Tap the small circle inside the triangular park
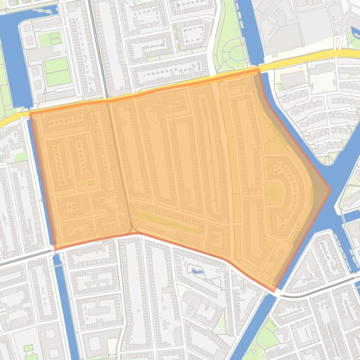tap(272, 140)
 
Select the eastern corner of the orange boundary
tap(330, 190)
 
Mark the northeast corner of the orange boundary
tap(258, 70)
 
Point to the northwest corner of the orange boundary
tap(30, 113)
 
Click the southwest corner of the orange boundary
tap(55, 249)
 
